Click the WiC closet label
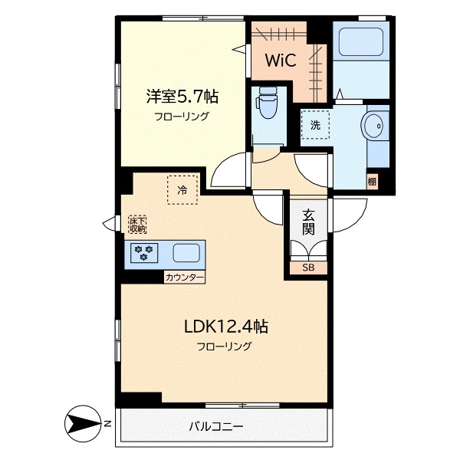281,60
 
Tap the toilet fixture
267,102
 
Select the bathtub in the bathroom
361,41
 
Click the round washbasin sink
373,126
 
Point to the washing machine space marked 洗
315,125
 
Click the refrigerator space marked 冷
182,190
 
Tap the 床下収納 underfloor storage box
137,225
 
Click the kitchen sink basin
186,253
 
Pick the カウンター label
184,278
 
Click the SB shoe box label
308,268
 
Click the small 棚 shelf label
372,182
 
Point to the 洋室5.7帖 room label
182,96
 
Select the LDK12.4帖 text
226,327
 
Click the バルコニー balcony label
216,426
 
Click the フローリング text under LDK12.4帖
225,347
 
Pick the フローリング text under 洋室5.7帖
182,117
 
